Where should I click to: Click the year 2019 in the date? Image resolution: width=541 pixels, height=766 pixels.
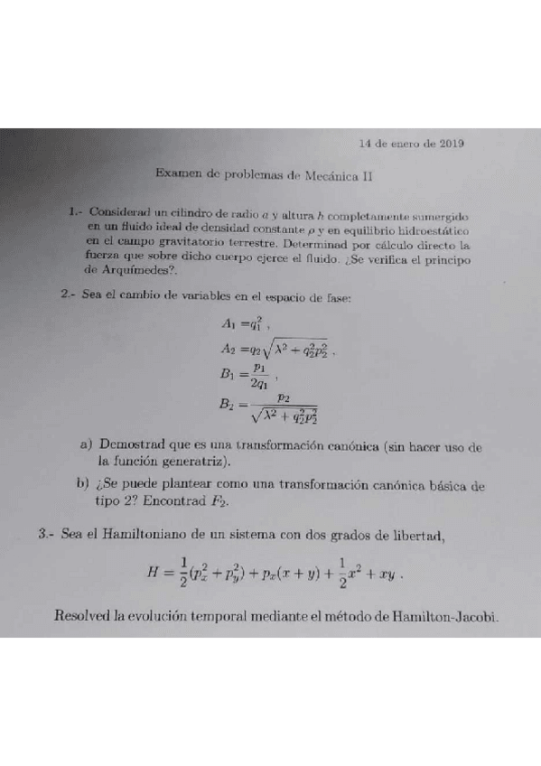448,144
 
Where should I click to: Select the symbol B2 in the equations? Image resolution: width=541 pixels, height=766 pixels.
227,406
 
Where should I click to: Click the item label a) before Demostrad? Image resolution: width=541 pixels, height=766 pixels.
87,445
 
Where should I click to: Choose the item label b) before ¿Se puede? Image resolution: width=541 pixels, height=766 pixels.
86,485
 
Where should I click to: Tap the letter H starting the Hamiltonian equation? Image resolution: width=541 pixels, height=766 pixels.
152,571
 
